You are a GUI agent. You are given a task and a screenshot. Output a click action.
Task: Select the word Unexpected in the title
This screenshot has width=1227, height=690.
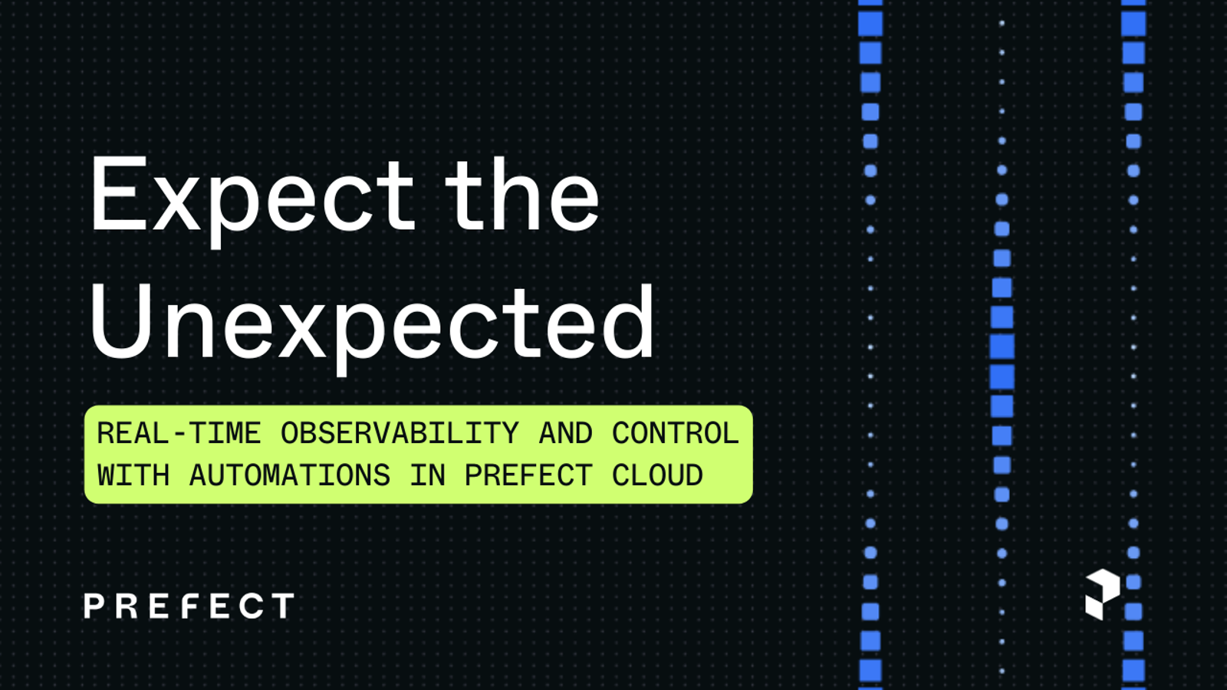(x=372, y=324)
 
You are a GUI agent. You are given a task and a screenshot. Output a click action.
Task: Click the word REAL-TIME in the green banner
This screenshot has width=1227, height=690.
(x=179, y=434)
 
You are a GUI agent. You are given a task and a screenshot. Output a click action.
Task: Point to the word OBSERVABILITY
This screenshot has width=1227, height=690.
(x=400, y=434)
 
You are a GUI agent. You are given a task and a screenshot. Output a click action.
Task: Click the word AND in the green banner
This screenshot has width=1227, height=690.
(x=565, y=434)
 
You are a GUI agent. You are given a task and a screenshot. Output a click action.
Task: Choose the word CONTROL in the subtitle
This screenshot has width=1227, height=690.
(x=675, y=434)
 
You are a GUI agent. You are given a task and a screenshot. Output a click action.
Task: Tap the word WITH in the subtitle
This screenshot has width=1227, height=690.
(x=133, y=476)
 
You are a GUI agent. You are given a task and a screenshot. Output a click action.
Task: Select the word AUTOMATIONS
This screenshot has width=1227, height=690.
(x=289, y=476)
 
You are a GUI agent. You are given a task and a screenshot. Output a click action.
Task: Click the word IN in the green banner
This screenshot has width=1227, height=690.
(x=427, y=476)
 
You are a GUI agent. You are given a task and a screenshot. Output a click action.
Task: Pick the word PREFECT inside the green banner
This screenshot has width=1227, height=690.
(x=528, y=476)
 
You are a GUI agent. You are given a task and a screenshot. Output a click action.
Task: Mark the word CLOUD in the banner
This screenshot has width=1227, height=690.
(x=657, y=476)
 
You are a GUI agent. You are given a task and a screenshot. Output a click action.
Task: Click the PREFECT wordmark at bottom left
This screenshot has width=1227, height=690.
(x=189, y=606)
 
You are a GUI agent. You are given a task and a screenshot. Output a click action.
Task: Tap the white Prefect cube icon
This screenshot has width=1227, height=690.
(x=1103, y=594)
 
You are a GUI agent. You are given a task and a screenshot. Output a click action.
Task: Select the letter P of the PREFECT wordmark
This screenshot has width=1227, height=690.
(x=94, y=606)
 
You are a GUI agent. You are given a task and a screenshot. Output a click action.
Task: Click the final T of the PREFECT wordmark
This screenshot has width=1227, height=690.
(x=284, y=606)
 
